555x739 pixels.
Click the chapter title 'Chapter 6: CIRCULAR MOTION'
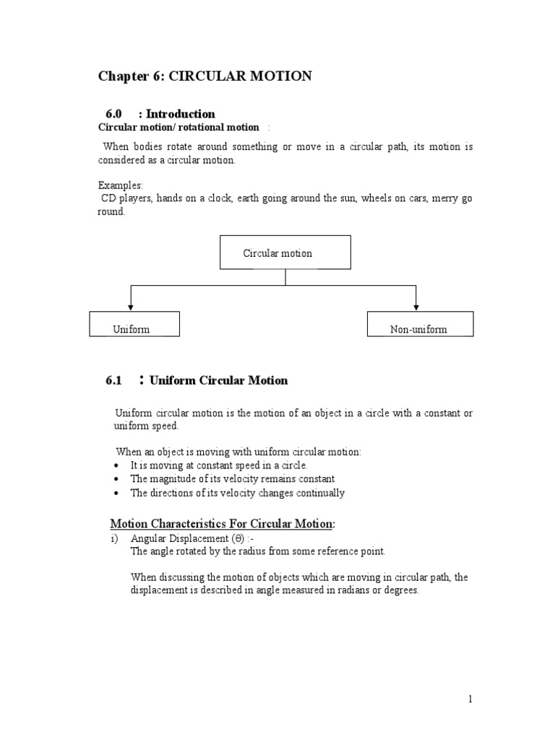pyautogui.click(x=205, y=76)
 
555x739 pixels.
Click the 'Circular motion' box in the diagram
pyautogui.click(x=285, y=253)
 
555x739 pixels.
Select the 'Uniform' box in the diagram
pyautogui.click(x=134, y=325)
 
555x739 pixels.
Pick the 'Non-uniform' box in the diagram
pyautogui.click(x=420, y=325)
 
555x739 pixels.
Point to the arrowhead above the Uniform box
pyautogui.click(x=130, y=307)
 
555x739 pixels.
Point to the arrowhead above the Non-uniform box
pyautogui.click(x=415, y=307)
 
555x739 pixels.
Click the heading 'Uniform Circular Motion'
pyautogui.click(x=218, y=380)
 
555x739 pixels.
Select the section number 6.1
pyautogui.click(x=115, y=380)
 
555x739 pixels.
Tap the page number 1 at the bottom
pyautogui.click(x=469, y=699)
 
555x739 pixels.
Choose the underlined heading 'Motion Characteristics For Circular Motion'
pyautogui.click(x=222, y=523)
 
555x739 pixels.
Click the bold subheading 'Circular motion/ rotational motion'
pyautogui.click(x=178, y=127)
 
